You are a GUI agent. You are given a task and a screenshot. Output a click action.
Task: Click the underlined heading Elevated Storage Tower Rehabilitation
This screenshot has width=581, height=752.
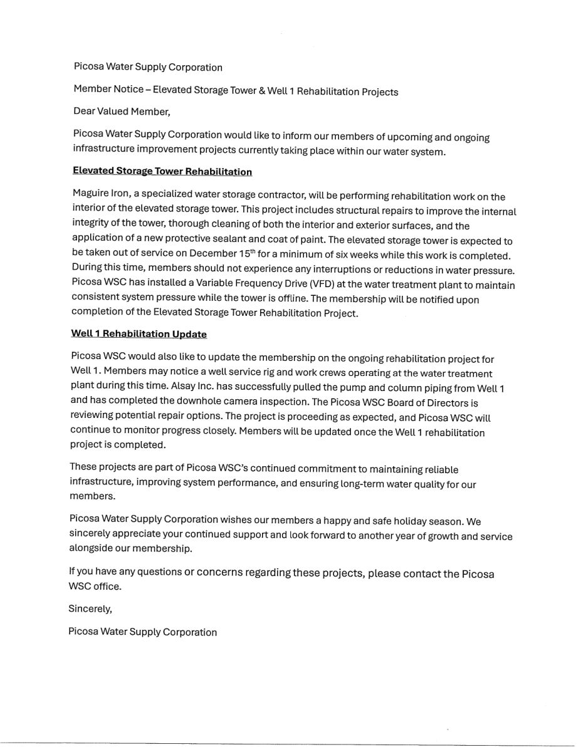coord(162,171)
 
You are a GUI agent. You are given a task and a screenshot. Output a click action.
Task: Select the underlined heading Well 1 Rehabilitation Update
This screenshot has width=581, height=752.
coord(139,334)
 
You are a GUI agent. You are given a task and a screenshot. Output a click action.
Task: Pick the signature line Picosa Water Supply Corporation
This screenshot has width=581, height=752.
coord(143,632)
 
